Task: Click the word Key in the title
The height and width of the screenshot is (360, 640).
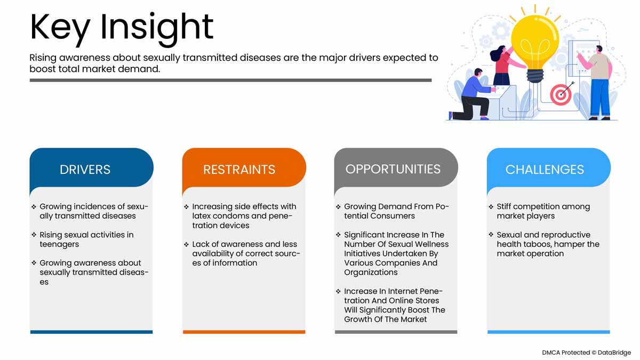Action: (x=60, y=29)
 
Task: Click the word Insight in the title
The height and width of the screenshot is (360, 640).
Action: (x=157, y=29)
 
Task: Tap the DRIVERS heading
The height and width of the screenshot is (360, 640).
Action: (x=85, y=170)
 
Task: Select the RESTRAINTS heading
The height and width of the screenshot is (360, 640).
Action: (x=239, y=170)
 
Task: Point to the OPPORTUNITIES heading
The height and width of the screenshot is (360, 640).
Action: (x=393, y=169)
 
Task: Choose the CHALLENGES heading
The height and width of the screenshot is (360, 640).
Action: (x=545, y=170)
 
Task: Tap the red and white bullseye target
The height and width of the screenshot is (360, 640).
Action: (x=561, y=94)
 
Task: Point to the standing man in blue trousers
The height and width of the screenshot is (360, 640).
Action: (x=598, y=83)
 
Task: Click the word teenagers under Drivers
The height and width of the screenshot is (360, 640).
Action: (x=59, y=245)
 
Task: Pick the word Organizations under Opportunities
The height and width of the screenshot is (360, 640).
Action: (x=371, y=273)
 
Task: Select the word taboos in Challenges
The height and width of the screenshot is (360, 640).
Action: (x=536, y=245)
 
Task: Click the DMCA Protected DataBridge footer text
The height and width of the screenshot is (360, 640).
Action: (x=586, y=353)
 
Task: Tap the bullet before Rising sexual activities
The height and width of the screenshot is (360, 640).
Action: (x=34, y=235)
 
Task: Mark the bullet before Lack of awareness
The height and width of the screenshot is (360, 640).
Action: (x=186, y=244)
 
